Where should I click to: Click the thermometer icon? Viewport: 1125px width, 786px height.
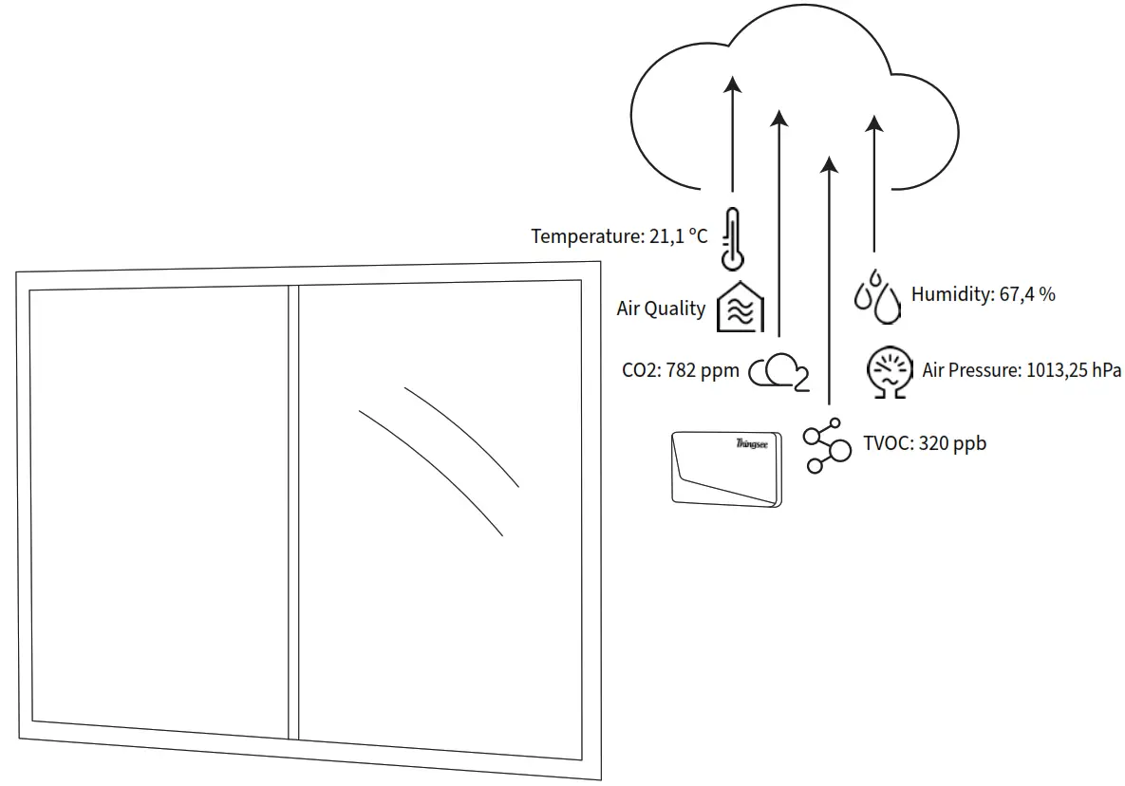click(x=732, y=238)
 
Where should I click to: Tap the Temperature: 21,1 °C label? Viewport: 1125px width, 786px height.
click(x=619, y=236)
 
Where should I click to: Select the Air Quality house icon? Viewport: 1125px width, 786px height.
click(x=740, y=307)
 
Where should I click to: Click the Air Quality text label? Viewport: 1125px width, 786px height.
click(x=661, y=309)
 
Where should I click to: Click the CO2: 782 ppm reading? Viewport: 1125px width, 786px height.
click(x=680, y=371)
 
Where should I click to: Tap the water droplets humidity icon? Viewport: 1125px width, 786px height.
click(x=876, y=294)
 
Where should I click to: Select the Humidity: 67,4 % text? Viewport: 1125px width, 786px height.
click(x=983, y=294)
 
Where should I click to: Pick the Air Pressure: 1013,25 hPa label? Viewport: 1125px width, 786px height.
click(x=1022, y=370)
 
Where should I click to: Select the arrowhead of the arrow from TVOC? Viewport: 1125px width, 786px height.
click(x=830, y=165)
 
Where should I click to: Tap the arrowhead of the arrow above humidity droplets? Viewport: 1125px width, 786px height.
click(x=875, y=123)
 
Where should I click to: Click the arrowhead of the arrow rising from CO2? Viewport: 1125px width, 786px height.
click(x=779, y=117)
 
